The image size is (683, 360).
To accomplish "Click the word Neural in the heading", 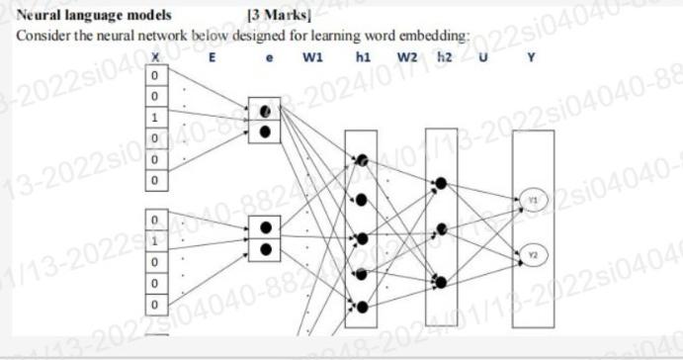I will pos(41,16).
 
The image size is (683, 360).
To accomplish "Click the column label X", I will pos(156,56).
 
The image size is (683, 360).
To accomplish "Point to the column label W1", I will pos(312,56).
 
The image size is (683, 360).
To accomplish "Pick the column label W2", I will pos(407,56).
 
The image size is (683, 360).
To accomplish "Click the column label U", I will pos(483,56).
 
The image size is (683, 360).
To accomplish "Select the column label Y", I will pos(533,56).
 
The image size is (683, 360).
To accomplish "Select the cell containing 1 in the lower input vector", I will pos(156,239).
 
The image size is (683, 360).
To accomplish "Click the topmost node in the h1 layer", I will pos(362,160).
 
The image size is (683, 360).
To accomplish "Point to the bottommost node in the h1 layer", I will pos(362,308).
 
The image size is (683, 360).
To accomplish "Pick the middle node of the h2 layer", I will pos(440,233).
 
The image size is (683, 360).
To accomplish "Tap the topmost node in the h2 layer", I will pos(440,183).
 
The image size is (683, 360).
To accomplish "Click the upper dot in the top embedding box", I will pos(265,111).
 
